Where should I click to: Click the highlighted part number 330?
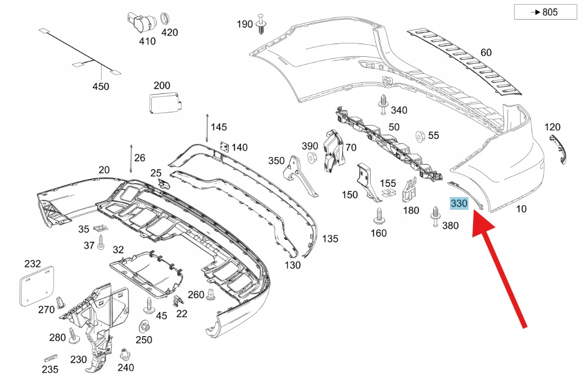point(459,203)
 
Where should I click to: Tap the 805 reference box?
point(545,12)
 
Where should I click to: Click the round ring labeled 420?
point(166,16)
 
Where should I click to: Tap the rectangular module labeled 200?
point(165,103)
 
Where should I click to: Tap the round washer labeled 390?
point(310,156)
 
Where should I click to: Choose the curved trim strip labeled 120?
point(558,149)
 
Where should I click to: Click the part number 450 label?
point(101,86)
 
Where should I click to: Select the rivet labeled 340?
point(383,104)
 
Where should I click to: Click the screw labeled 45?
point(151,305)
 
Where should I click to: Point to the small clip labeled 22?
point(178,301)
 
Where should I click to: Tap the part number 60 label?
point(486,53)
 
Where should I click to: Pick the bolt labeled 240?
point(123,355)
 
